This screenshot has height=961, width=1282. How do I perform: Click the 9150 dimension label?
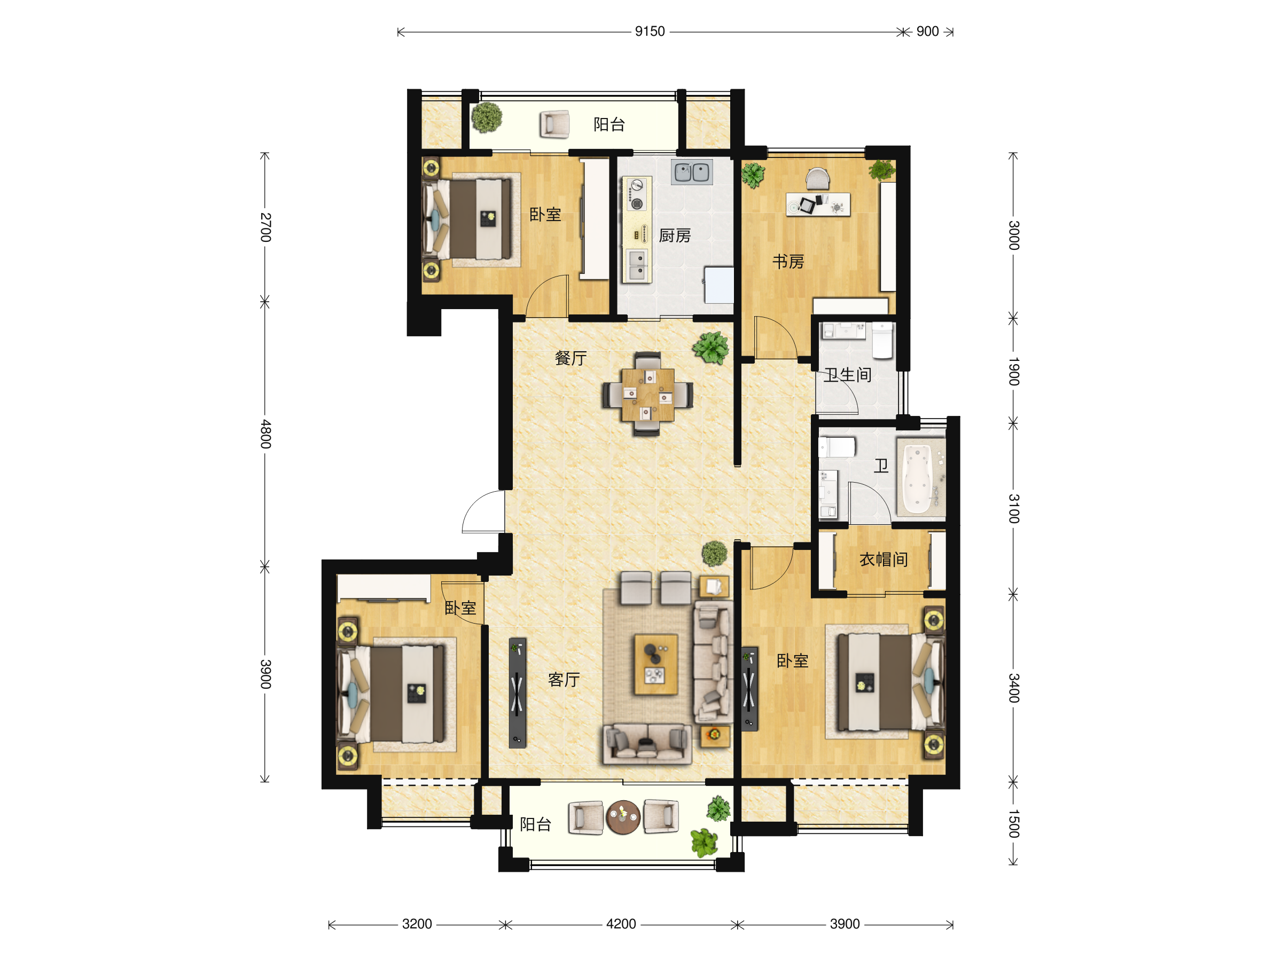click(x=650, y=31)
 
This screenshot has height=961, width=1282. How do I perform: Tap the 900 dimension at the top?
click(x=927, y=31)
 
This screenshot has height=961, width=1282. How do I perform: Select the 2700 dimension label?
click(x=265, y=227)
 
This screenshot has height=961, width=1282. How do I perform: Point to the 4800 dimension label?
click(x=265, y=434)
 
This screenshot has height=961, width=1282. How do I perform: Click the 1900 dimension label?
click(x=1013, y=371)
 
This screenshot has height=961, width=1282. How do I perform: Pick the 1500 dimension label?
click(x=1013, y=824)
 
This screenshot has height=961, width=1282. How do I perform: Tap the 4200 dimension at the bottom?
click(x=621, y=924)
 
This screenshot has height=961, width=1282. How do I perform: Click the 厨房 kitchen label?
click(x=675, y=236)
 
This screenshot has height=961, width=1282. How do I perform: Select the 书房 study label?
click(x=788, y=262)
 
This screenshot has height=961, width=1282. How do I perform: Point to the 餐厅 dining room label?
click(x=571, y=358)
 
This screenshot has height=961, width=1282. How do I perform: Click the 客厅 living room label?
click(x=564, y=680)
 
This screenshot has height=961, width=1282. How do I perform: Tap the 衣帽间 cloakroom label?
click(x=884, y=559)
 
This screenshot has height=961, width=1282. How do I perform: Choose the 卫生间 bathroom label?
click(x=848, y=375)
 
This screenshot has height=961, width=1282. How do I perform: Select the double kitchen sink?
click(x=692, y=172)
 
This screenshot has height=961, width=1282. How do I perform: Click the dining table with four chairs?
click(x=647, y=395)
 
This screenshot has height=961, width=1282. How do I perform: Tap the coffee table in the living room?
click(x=655, y=664)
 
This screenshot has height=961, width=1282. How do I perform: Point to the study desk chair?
click(x=818, y=178)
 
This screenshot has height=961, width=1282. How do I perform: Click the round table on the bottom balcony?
click(x=623, y=817)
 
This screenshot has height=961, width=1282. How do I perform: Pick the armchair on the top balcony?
click(x=554, y=124)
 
